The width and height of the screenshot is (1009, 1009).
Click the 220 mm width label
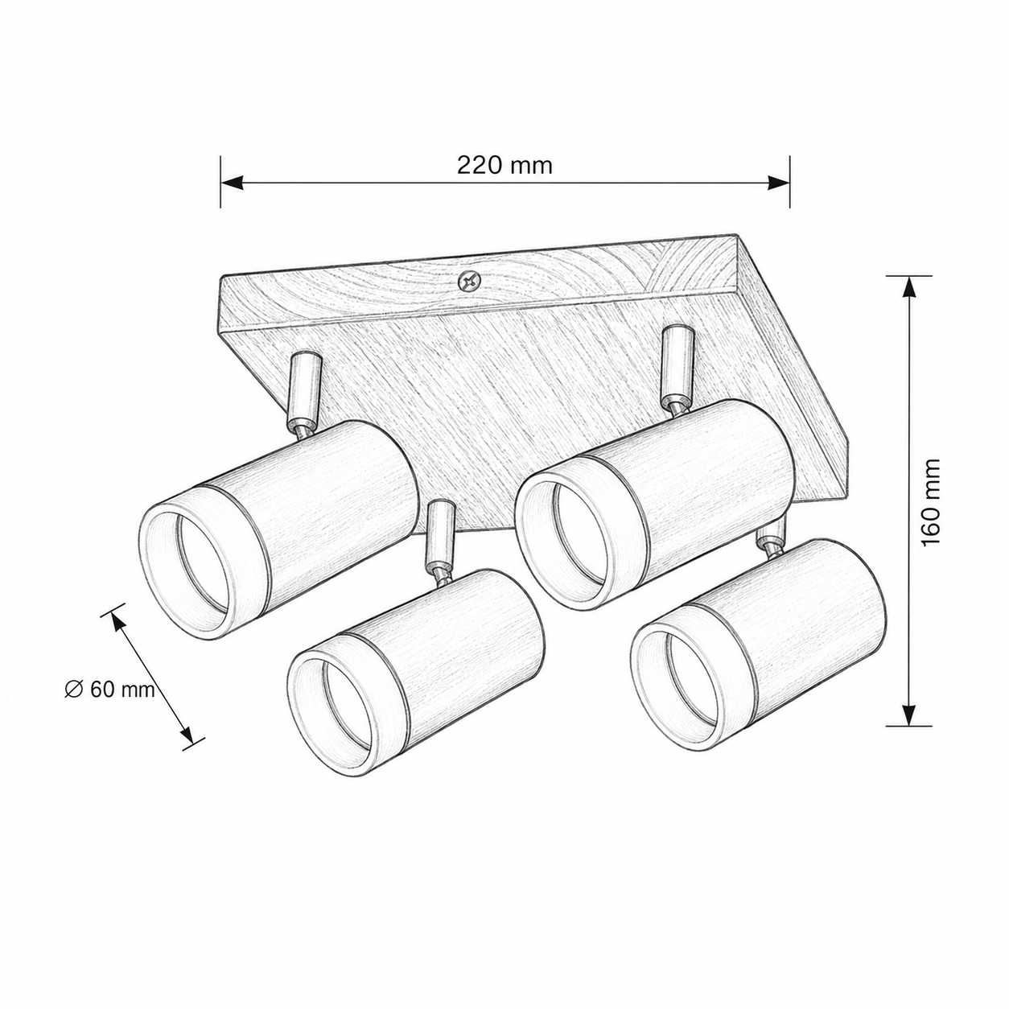click(504, 166)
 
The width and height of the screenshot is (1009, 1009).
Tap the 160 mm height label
click(933, 503)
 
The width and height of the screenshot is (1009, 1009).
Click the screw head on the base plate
click(468, 282)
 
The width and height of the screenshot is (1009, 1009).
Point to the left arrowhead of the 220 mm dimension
click(232, 182)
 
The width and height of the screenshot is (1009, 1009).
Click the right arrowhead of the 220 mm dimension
click(778, 182)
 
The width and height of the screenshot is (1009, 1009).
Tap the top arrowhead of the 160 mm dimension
click(908, 287)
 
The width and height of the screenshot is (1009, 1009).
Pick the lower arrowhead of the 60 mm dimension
click(187, 735)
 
